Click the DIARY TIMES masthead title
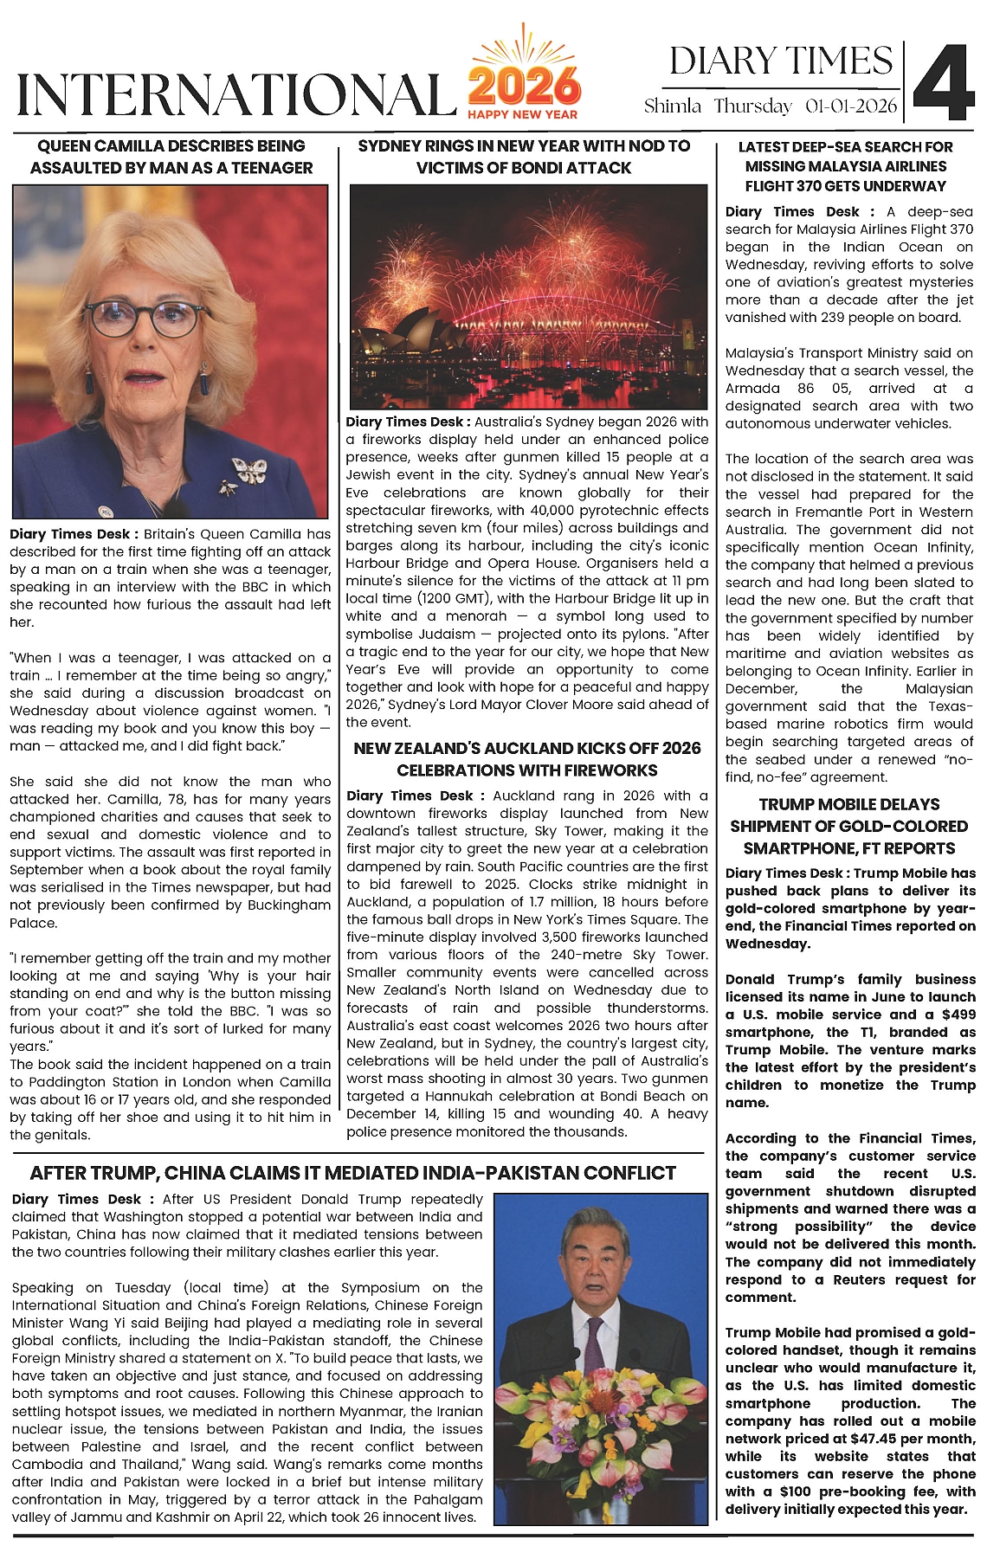tap(780, 61)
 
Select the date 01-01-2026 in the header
tap(850, 106)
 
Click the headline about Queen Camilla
tap(171, 157)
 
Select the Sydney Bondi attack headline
tap(525, 157)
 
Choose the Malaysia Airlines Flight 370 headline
tap(846, 166)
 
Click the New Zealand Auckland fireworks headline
tap(527, 759)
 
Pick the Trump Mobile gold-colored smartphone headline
tap(849, 826)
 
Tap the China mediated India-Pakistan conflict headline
tap(353, 1173)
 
